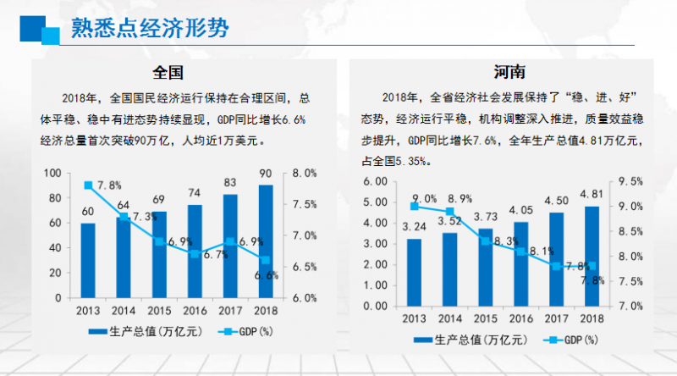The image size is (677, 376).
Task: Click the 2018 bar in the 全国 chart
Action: pos(265,241)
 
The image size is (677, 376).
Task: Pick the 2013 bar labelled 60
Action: pos(88,260)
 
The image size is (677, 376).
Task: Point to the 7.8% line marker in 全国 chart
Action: pos(88,185)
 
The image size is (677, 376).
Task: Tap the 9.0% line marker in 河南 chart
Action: pos(414,206)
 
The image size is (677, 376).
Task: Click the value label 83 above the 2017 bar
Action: pos(229,181)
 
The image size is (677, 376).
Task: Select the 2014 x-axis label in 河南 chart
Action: pos(449,318)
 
